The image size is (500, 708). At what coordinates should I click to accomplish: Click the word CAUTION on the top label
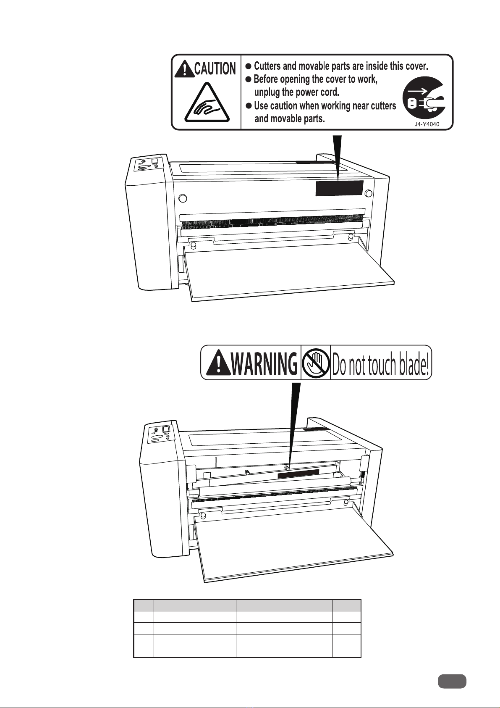tap(215, 68)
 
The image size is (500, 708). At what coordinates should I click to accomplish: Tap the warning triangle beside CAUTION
tap(184, 69)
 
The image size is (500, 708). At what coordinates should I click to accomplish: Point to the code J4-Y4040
tap(427, 124)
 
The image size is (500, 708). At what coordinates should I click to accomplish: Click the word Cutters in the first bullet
tap(268, 66)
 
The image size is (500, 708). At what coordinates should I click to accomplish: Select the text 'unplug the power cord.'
tap(296, 92)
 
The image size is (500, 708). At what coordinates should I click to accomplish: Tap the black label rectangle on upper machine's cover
tap(339, 188)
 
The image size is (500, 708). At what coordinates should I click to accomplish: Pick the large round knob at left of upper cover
tap(183, 198)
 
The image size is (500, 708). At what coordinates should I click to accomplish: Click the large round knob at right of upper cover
tap(369, 193)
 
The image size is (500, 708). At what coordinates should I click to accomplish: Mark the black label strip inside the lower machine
tap(298, 474)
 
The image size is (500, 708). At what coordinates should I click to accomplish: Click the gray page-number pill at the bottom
tap(452, 681)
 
